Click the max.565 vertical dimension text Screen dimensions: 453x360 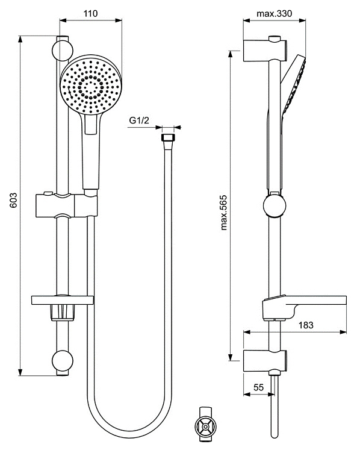pos(225,207)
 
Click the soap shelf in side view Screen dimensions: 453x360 pos(304,303)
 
